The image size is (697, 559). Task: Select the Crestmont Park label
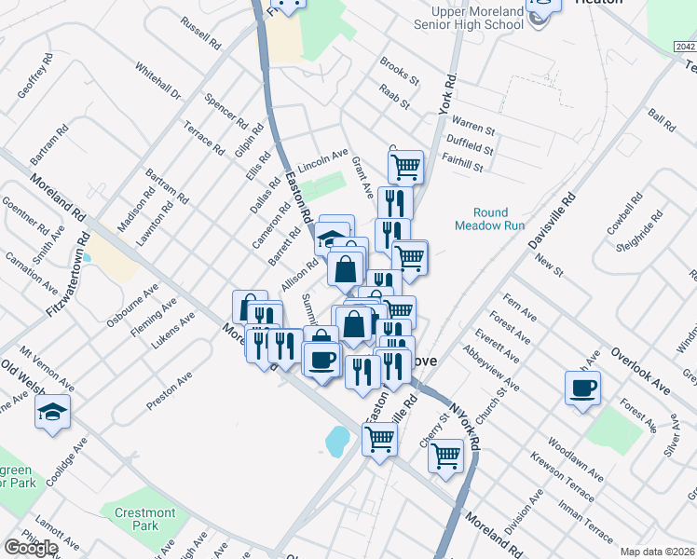(144, 519)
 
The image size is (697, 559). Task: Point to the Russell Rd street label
(200, 33)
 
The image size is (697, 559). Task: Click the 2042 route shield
(684, 46)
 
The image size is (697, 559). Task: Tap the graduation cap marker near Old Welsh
(52, 409)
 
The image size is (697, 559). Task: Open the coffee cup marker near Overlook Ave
(583, 387)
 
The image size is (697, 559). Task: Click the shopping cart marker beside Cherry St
(446, 456)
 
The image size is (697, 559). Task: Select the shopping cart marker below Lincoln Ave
(405, 167)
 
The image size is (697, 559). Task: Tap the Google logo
(31, 548)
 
